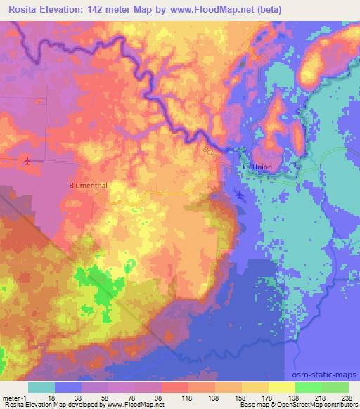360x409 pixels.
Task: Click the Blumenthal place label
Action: coord(87,185)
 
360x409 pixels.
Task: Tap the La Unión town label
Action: coord(257,167)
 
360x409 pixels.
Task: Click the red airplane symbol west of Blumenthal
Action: coord(27,162)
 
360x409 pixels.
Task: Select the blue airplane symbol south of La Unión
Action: coord(240,195)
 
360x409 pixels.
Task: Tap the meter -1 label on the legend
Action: coord(13,397)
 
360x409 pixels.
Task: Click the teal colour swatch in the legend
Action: coord(41,387)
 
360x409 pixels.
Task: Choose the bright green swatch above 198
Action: coord(309,387)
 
